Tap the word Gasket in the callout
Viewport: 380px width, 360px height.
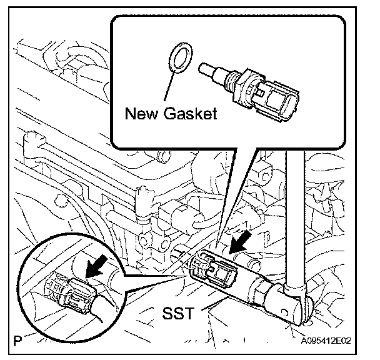coord(190,114)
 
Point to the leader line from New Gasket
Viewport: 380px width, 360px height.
coord(166,87)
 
